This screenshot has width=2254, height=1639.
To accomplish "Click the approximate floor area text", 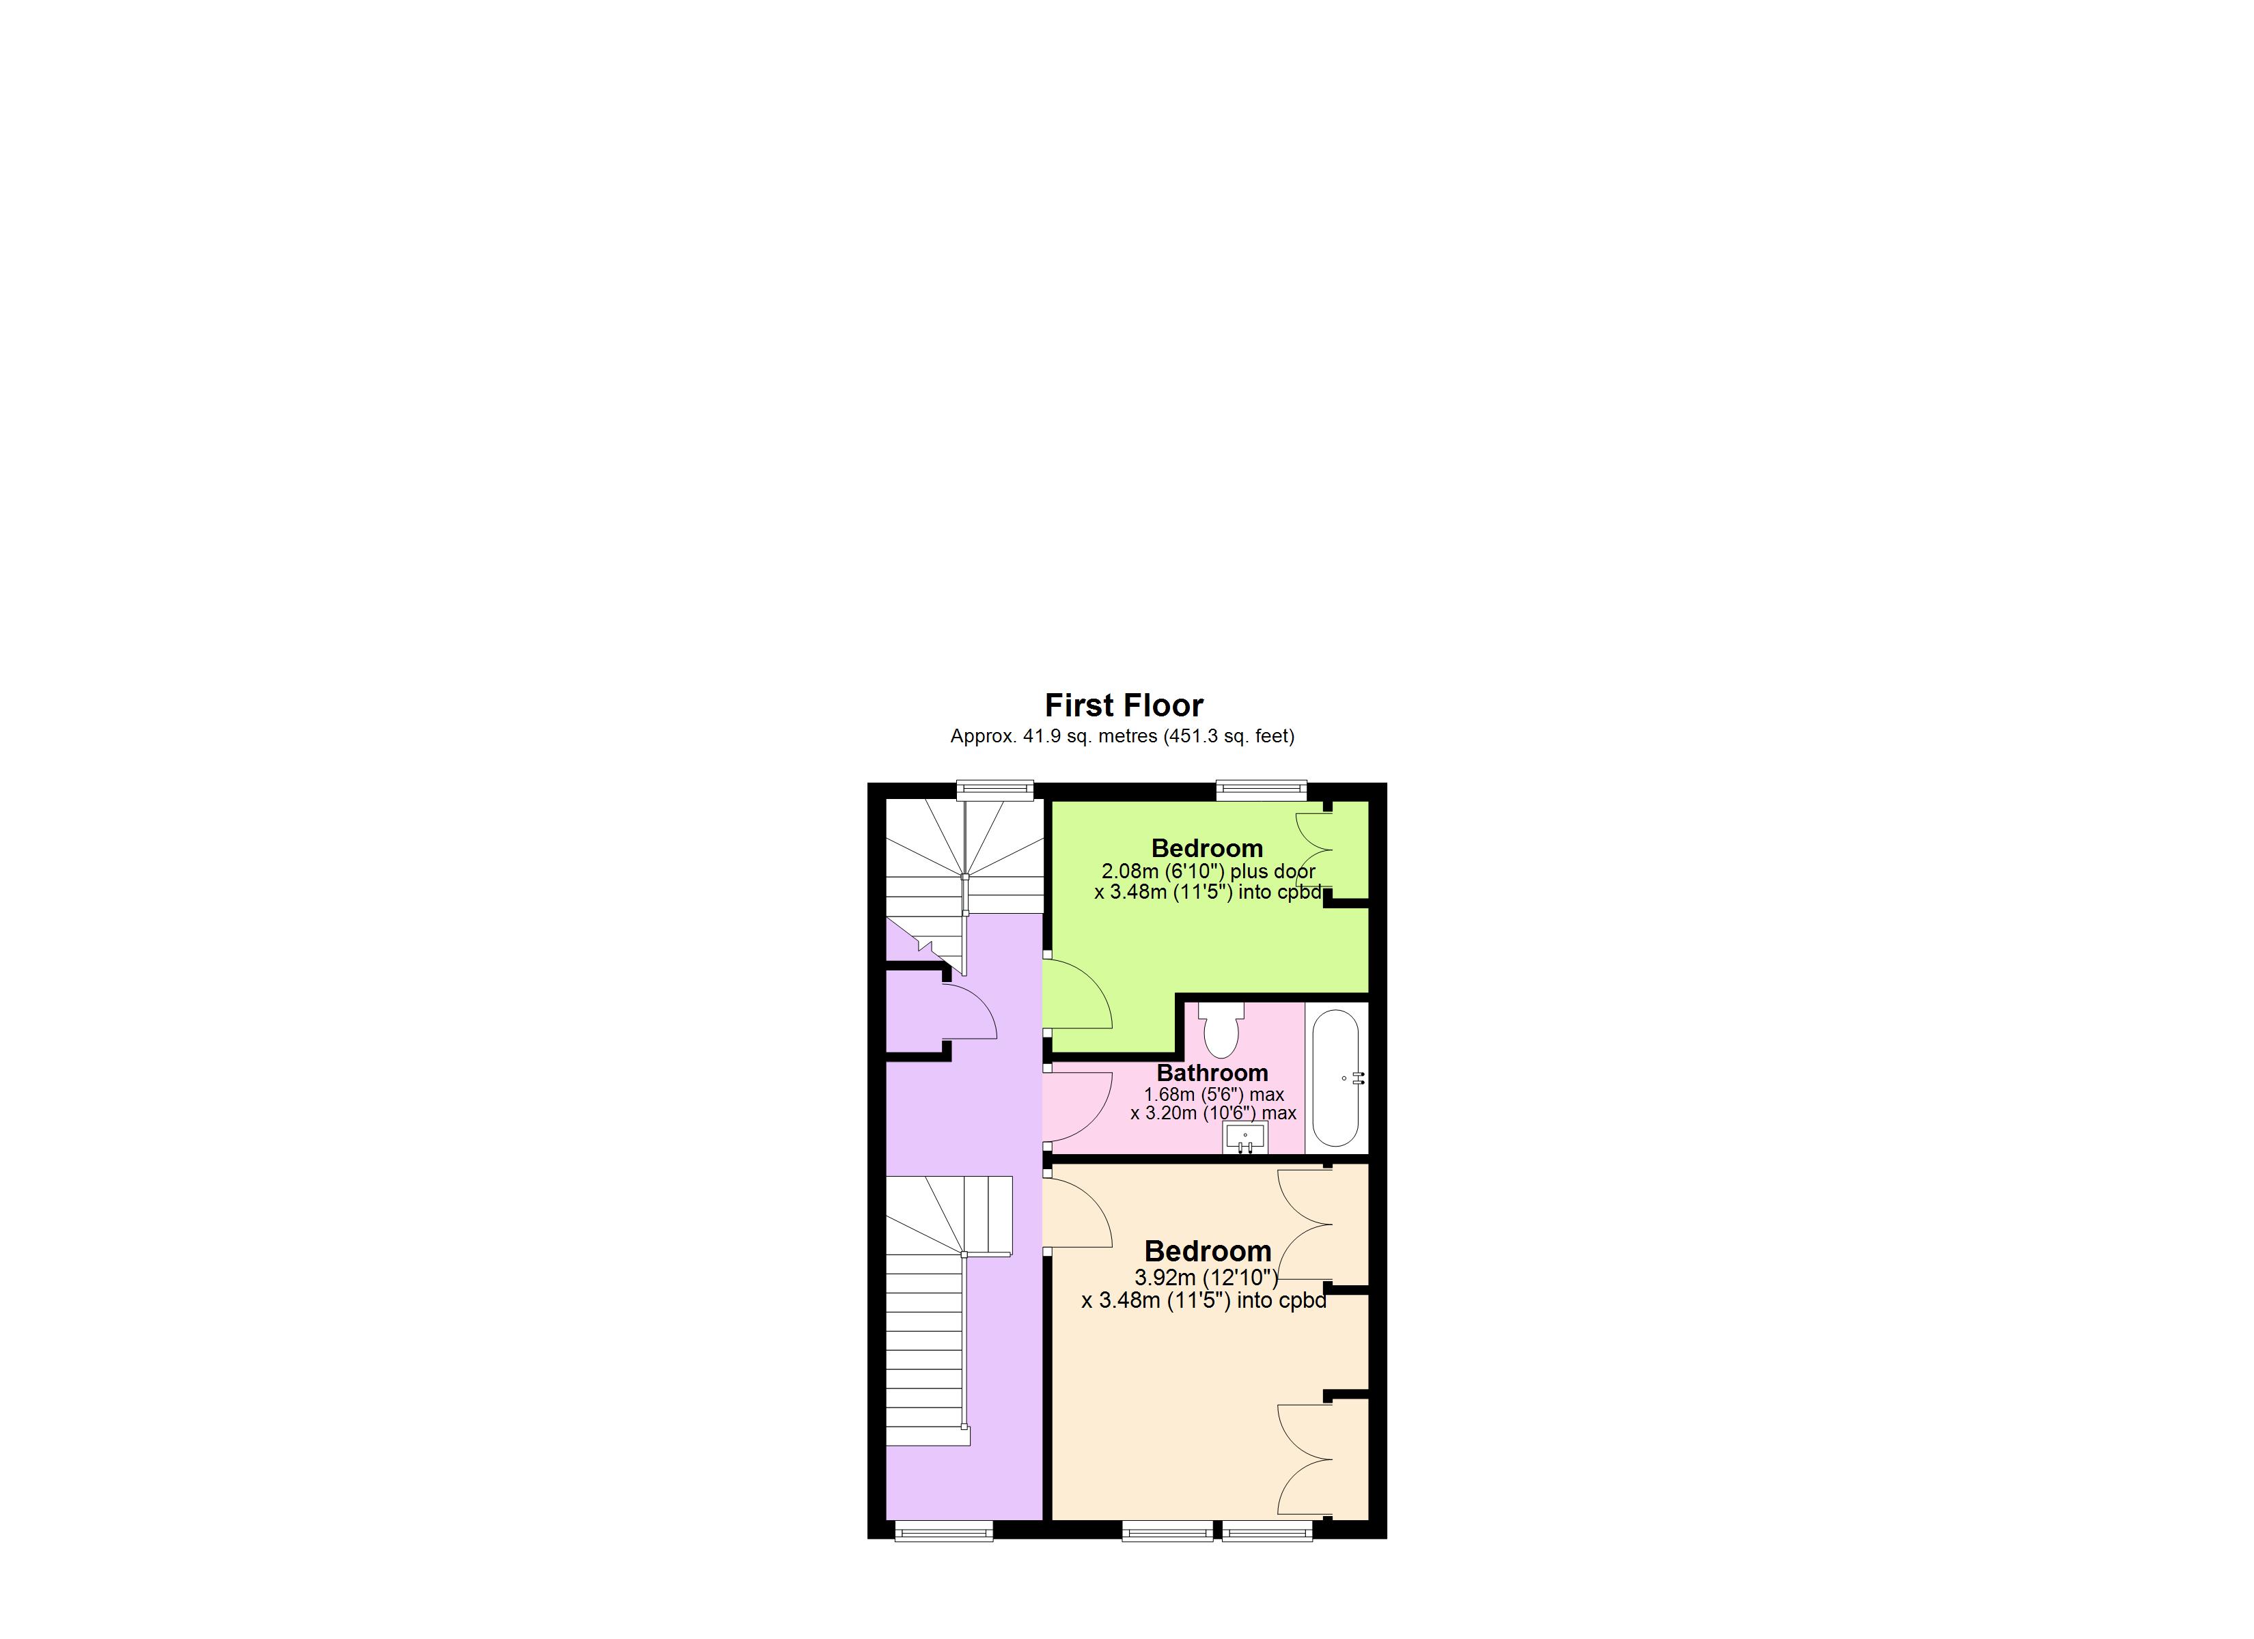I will pyautogui.click(x=1122, y=736).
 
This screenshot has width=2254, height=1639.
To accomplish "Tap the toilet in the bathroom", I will pyautogui.click(x=1221, y=1028).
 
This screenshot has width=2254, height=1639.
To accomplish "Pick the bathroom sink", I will pyautogui.click(x=1244, y=1137).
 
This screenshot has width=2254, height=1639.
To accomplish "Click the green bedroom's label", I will pyautogui.click(x=1206, y=847).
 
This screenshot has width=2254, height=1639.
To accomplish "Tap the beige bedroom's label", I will pyautogui.click(x=1208, y=1250).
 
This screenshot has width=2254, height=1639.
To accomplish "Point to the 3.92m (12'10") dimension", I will pyautogui.click(x=1206, y=1277).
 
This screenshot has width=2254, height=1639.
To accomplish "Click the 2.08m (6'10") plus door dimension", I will pyautogui.click(x=1208, y=871).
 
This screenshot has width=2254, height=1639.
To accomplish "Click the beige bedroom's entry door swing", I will pyautogui.click(x=1079, y=1211).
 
